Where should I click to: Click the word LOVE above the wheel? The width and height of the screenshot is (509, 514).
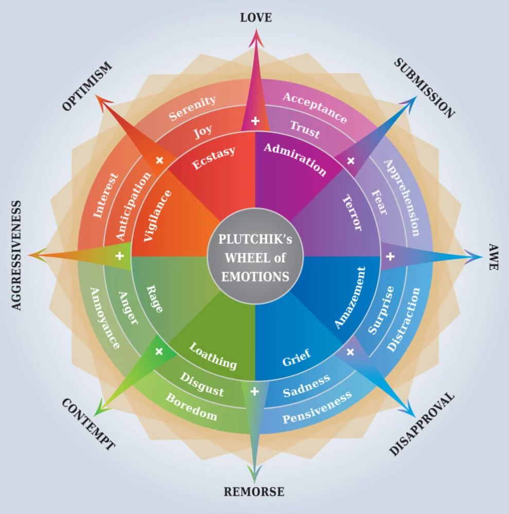point(256,18)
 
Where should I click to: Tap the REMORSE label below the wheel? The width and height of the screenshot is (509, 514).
point(254,492)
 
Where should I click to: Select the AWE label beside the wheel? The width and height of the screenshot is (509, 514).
point(493,257)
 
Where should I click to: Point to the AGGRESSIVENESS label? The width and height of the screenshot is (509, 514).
point(16,255)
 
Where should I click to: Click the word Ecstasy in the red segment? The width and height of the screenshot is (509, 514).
point(214,158)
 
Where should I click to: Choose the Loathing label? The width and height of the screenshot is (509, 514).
point(213,356)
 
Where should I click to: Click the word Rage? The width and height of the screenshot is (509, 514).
point(154,299)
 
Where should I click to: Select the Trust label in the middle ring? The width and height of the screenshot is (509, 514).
point(305,129)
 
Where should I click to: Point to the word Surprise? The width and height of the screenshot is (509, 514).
point(381,310)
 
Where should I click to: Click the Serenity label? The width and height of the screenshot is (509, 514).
point(192,108)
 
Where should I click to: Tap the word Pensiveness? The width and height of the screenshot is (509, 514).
point(318,407)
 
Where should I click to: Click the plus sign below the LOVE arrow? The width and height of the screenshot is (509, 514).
point(255,121)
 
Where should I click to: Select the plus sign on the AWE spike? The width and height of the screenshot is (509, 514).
point(390,256)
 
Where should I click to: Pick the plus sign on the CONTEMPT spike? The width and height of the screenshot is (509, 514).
point(159,351)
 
